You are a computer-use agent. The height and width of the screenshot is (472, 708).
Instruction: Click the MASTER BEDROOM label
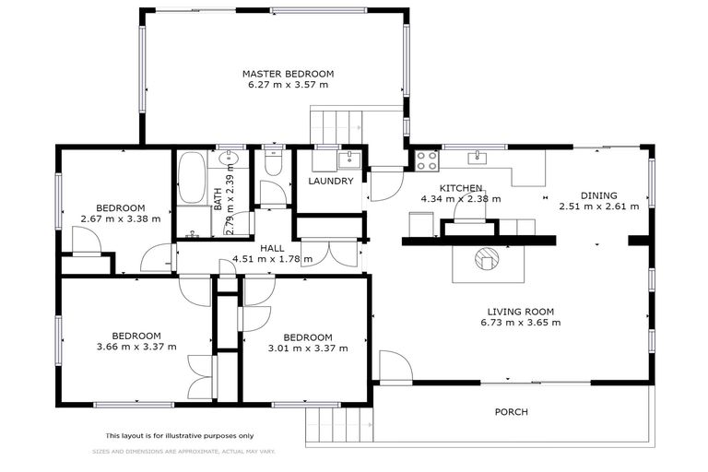[x=288, y=74]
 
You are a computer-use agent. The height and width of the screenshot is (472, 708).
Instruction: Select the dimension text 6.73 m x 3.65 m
[x=520, y=323]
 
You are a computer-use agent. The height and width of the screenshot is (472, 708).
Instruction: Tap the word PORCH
[x=512, y=412]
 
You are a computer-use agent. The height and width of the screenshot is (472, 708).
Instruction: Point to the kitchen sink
[x=477, y=157]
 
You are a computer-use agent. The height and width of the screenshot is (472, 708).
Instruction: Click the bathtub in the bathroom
[x=192, y=178]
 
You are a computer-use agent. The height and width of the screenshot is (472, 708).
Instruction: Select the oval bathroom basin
[x=230, y=160]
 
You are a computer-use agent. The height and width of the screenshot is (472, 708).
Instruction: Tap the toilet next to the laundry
[x=271, y=163]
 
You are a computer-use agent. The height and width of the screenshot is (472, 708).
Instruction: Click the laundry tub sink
[x=348, y=159]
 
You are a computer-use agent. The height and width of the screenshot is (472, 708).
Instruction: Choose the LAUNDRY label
[x=331, y=182]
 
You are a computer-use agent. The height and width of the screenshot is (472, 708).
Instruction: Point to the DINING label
[x=598, y=195]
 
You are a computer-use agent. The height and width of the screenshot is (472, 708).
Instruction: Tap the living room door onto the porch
[x=394, y=366]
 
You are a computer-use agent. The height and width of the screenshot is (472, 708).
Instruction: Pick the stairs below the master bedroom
[x=337, y=124]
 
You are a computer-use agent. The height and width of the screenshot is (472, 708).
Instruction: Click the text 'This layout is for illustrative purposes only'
[x=179, y=435]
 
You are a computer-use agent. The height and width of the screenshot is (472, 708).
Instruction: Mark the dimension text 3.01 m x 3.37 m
[x=307, y=348]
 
